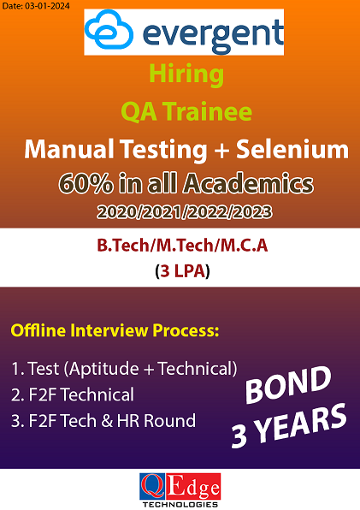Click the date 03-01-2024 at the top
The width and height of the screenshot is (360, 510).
pos(47,5)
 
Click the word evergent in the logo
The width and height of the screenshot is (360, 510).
pos(213,35)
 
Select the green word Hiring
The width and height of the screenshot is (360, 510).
pos(186,75)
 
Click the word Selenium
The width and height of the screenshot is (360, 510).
pos(292,149)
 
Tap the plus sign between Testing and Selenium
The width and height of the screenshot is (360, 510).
pos(221,151)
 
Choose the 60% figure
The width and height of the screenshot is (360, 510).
pos(86,184)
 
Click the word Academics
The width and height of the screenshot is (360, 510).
pos(248,183)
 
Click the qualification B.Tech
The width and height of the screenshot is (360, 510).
pos(123,246)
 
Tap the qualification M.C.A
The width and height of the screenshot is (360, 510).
pos(244,246)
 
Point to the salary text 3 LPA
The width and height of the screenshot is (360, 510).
pos(183,271)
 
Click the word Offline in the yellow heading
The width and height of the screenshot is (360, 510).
pos(38,330)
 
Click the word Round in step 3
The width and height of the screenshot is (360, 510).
pos(169,420)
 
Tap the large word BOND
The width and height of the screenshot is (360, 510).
pos(288,384)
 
